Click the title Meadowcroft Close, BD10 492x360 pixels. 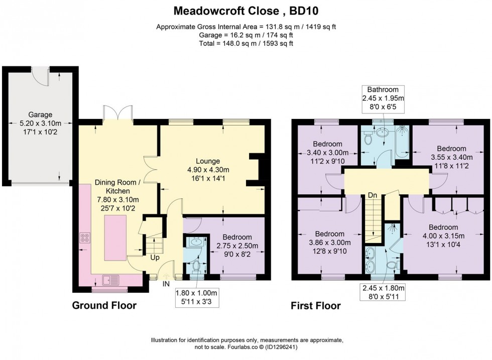click(x=246, y=10)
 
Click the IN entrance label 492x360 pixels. click(x=166, y=284)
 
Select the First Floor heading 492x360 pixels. click(x=315, y=305)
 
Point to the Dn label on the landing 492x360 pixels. click(x=373, y=195)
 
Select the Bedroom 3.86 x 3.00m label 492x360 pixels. click(x=329, y=242)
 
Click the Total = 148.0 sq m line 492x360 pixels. click(x=246, y=44)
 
